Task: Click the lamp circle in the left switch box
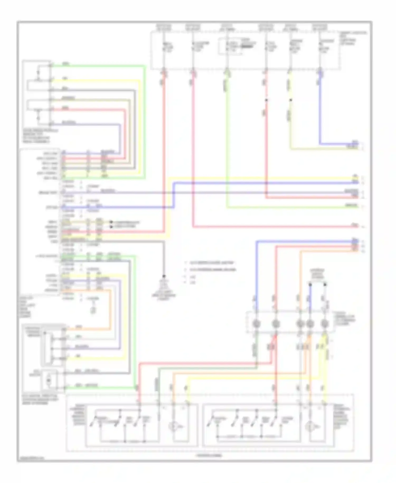pos(173,426)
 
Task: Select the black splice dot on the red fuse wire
pos(266,100)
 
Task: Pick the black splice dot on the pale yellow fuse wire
pos(290,100)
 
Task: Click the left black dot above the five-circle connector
pos(310,285)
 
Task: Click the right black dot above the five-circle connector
pos(325,285)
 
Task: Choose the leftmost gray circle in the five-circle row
pos(256,323)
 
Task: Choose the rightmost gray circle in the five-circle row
pos(324,323)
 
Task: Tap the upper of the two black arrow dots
pos(111,222)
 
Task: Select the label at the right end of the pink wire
pos(355,225)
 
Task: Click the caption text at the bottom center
pos(209,455)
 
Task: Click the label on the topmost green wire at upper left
pos(66,64)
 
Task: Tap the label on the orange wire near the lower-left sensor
pos(79,327)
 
